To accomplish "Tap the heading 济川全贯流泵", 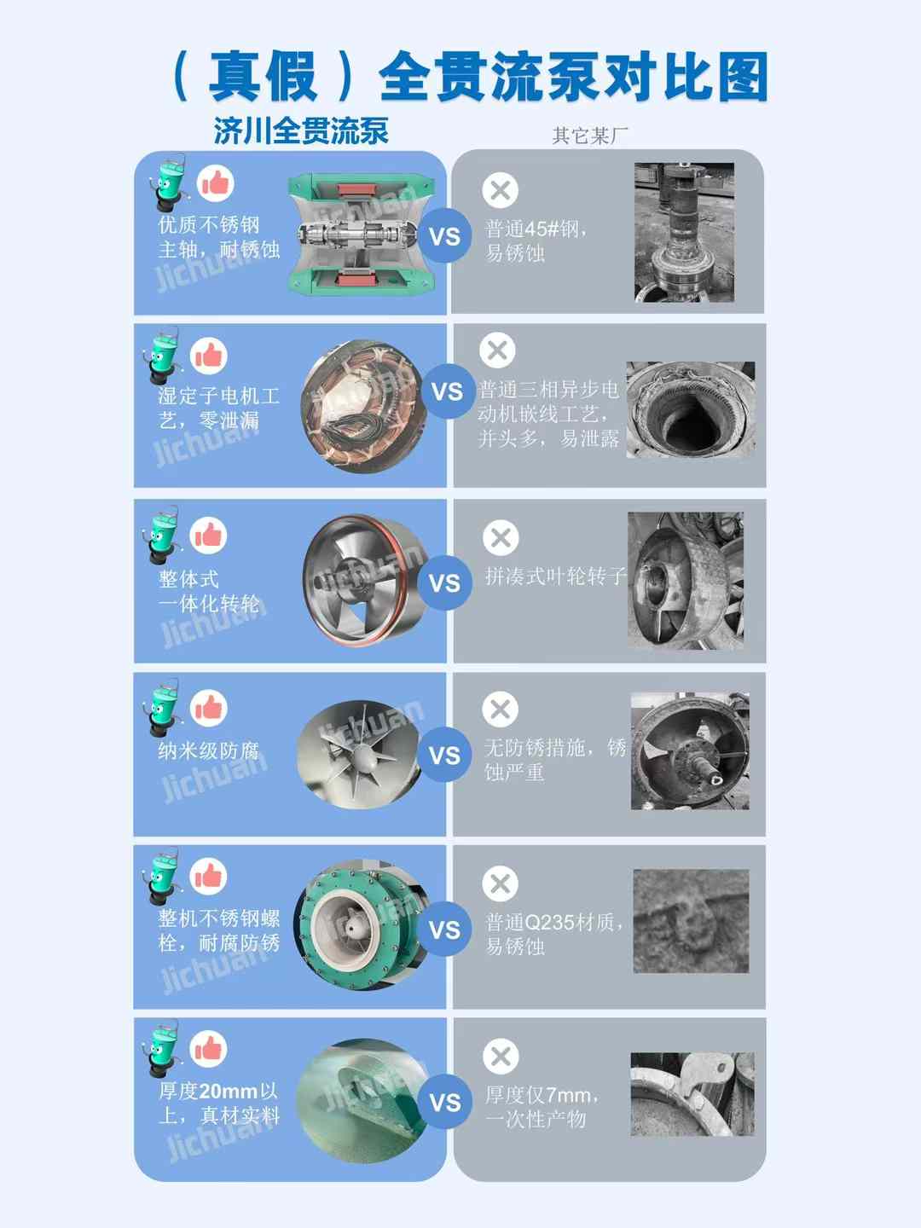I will point(300,130).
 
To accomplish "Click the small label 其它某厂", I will point(589,135).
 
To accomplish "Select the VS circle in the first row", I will point(444,236).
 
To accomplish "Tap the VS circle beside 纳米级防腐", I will point(444,756).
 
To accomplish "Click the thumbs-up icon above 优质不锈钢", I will point(216,183).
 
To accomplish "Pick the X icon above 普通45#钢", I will point(500,190).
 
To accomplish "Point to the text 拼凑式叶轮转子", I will point(555,576).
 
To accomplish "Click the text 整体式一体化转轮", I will point(209,591).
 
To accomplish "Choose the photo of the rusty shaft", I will point(684,233).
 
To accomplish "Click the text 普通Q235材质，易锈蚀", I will point(553,934).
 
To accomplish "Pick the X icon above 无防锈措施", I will point(500,710).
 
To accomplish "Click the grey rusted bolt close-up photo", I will point(691,921).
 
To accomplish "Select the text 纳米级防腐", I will point(208,750).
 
